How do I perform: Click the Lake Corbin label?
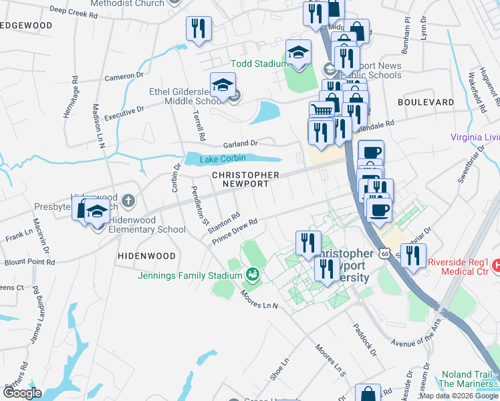click(x=218, y=158)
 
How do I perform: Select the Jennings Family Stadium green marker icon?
click(x=253, y=273)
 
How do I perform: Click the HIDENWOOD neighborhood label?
click(x=146, y=256)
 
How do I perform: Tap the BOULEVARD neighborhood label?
click(x=425, y=102)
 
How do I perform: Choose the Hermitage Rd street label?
click(x=71, y=98)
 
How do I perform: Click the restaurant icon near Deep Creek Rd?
click(x=198, y=28)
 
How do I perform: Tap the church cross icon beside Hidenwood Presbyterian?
click(x=128, y=200)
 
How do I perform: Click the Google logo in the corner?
click(x=22, y=393)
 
